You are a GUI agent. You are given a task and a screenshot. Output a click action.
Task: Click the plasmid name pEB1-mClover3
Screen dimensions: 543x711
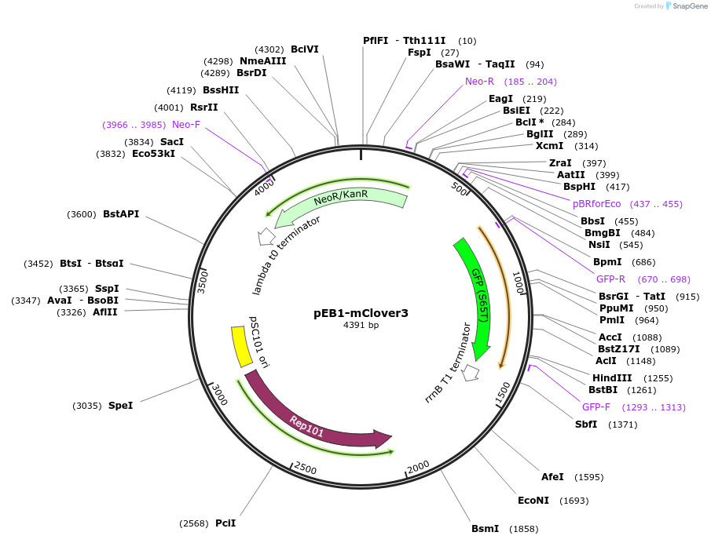pyautogui.click(x=361, y=312)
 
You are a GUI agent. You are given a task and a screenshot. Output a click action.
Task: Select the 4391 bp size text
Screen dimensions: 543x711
pyautogui.click(x=361, y=325)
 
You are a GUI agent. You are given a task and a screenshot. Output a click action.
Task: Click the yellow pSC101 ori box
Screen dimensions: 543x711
pyautogui.click(x=240, y=346)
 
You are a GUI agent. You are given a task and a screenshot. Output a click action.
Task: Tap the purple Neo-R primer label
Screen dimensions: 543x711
pyautogui.click(x=479, y=81)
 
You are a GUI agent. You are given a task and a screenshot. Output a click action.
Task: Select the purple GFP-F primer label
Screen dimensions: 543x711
pyautogui.click(x=596, y=406)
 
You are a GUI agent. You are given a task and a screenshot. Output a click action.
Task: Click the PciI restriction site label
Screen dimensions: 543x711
pyautogui.click(x=225, y=523)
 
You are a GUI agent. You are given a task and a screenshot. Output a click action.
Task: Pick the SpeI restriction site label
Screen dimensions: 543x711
pyautogui.click(x=120, y=405)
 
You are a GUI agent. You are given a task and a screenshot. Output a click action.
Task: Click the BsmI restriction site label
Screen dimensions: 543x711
pyautogui.click(x=486, y=528)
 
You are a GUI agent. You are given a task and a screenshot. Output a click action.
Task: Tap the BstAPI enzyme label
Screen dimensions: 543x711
pyautogui.click(x=121, y=213)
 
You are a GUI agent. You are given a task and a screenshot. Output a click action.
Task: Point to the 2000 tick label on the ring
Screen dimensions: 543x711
pyautogui.click(x=418, y=466)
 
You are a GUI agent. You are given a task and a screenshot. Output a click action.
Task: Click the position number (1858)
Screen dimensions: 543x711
pyautogui.click(x=524, y=529)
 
